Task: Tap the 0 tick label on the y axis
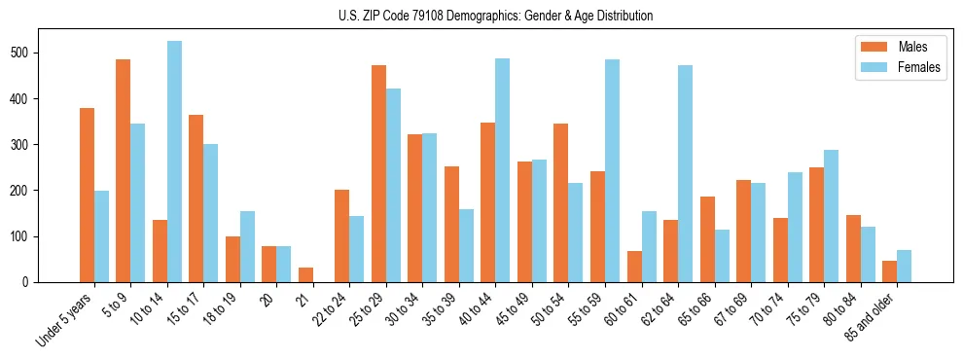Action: click(33, 282)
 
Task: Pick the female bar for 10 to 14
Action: click(174, 162)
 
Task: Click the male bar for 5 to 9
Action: click(124, 170)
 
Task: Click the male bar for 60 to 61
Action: click(634, 267)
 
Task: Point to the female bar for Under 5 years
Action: click(101, 236)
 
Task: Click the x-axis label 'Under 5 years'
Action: click(66, 319)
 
